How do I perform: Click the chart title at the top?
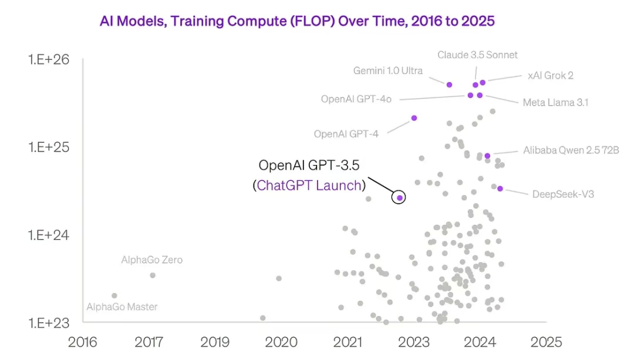point(297,22)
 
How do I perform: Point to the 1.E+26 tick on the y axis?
point(49,59)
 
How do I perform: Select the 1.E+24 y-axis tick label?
point(49,235)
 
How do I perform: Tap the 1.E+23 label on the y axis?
point(49,322)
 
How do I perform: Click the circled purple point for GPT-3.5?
point(399,197)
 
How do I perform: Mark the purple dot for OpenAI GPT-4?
point(414,118)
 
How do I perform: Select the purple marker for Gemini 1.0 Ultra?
point(449,85)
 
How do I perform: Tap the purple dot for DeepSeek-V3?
point(500,189)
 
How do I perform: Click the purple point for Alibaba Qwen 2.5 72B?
point(487,156)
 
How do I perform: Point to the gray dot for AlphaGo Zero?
point(153,275)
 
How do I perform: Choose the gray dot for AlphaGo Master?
point(114,295)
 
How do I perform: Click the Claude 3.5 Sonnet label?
point(477,55)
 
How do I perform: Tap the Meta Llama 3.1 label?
point(555,103)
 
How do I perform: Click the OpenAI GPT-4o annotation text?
point(356,99)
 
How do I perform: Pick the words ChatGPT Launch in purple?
point(309,186)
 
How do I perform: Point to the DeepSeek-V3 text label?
point(562,194)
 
